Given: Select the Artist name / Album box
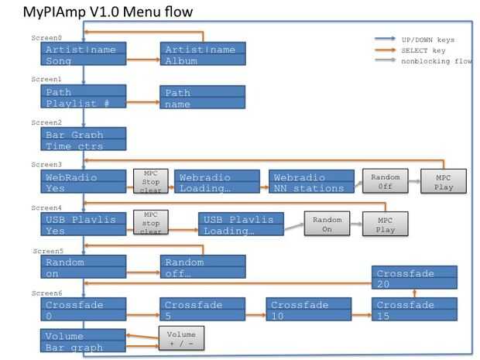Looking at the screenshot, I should (203, 55).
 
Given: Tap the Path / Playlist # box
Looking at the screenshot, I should (84, 97).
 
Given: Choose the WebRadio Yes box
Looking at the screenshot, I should (84, 182).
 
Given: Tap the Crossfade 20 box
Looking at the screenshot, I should (414, 278).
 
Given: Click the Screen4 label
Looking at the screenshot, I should (46, 207).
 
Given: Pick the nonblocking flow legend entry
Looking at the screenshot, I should (434, 61).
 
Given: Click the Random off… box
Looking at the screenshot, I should (203, 267).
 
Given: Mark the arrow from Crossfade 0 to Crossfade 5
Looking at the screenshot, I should (142, 316).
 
